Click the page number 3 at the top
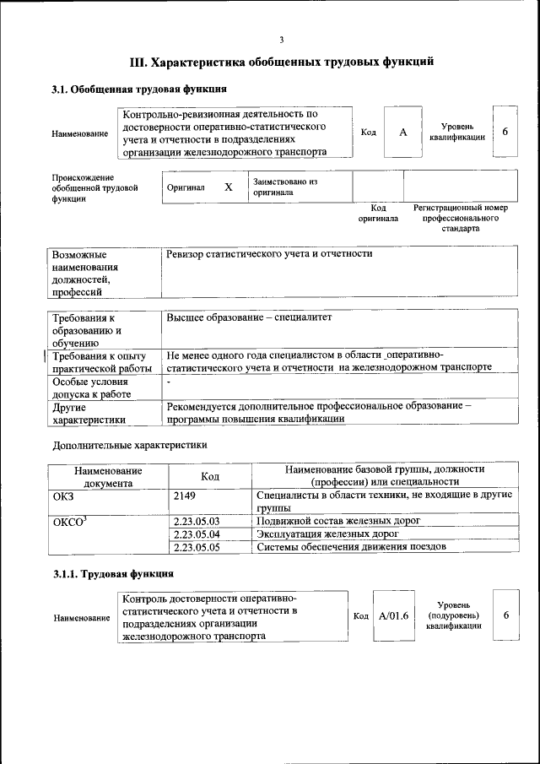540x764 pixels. tap(282, 40)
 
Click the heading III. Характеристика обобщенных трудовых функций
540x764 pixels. tap(282, 62)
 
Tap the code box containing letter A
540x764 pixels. tap(403, 133)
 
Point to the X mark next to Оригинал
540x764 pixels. tap(228, 187)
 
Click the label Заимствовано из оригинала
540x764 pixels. tap(284, 187)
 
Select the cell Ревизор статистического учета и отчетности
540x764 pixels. tap(270, 253)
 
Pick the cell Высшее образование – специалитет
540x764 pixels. tap(251, 317)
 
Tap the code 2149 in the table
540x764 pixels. tap(184, 496)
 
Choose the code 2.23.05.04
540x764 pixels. tap(196, 534)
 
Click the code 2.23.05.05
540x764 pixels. tap(196, 547)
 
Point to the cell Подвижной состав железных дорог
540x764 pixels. tap(337, 522)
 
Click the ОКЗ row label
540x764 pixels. tap(64, 496)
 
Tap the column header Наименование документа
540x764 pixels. tap(107, 476)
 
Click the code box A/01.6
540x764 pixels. tap(393, 616)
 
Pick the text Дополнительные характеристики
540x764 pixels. tap(129, 444)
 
